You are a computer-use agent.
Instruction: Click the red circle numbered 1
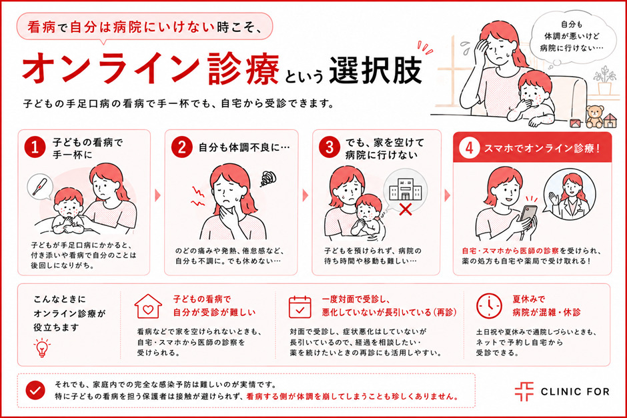point(35,147)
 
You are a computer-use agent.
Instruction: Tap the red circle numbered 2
point(182,147)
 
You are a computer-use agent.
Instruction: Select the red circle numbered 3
point(330,147)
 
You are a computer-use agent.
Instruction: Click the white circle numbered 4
point(470,148)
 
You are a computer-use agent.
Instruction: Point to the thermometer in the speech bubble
point(39,186)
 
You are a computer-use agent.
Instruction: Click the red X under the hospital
point(406,209)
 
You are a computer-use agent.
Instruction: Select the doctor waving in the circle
point(570,195)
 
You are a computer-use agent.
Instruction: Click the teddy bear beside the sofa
point(594,116)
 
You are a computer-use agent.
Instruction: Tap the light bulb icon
point(42,347)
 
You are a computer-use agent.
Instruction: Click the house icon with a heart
point(148,307)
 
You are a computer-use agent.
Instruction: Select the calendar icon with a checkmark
point(300,307)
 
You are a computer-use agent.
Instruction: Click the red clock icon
point(489,306)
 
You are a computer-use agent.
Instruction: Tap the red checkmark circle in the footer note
point(35,391)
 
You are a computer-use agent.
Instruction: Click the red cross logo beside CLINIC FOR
point(524,391)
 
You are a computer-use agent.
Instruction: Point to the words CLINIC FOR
point(575,391)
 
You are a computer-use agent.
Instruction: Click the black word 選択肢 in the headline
point(376,70)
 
